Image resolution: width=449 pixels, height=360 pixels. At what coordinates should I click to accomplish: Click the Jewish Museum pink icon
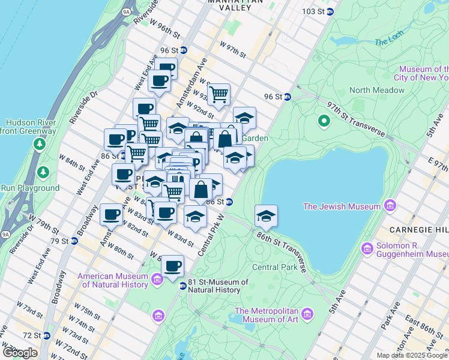pyautogui.click(x=391, y=207)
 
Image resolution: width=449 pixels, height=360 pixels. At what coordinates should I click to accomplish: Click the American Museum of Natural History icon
pyautogui.click(x=157, y=279)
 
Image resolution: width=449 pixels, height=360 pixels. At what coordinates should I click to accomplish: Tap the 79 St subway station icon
pyautogui.click(x=74, y=241)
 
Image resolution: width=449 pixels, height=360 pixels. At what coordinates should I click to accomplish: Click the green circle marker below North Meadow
pyautogui.click(x=324, y=122)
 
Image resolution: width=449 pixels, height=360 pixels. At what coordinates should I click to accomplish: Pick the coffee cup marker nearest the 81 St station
pyautogui.click(x=173, y=265)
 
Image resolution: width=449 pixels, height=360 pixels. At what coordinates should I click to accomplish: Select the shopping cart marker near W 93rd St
pyautogui.click(x=219, y=93)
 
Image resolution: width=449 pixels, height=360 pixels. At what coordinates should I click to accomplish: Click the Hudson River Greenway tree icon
pyautogui.click(x=40, y=144)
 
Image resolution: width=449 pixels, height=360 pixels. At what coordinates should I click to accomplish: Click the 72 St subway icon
pyautogui.click(x=38, y=335)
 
